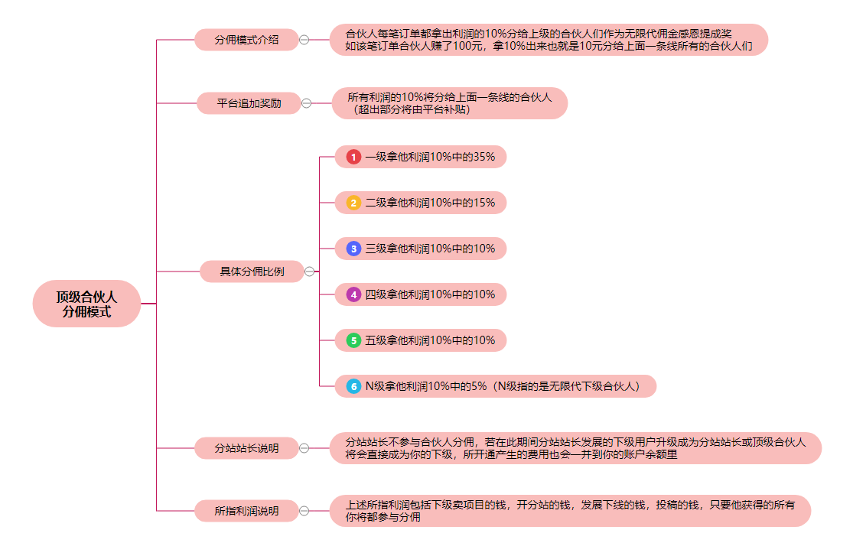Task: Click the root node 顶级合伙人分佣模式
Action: [86, 304]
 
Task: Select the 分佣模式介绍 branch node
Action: [246, 40]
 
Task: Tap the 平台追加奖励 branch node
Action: [249, 103]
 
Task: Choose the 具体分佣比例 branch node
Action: [252, 271]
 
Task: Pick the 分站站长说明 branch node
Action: [246, 448]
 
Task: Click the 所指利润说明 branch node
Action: [246, 511]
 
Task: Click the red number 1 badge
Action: [353, 157]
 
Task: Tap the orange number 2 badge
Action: [353, 203]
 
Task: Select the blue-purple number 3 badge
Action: [353, 249]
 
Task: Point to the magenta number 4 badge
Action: [353, 294]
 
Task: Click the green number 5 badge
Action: [353, 340]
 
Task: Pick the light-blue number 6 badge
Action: [353, 386]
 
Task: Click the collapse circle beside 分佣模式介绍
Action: [304, 40]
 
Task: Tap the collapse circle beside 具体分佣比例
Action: [310, 271]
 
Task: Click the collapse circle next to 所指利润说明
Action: [304, 511]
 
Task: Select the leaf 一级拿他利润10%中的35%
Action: [429, 157]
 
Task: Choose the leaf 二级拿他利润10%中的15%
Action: [429, 203]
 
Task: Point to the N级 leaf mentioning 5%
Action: [502, 386]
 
